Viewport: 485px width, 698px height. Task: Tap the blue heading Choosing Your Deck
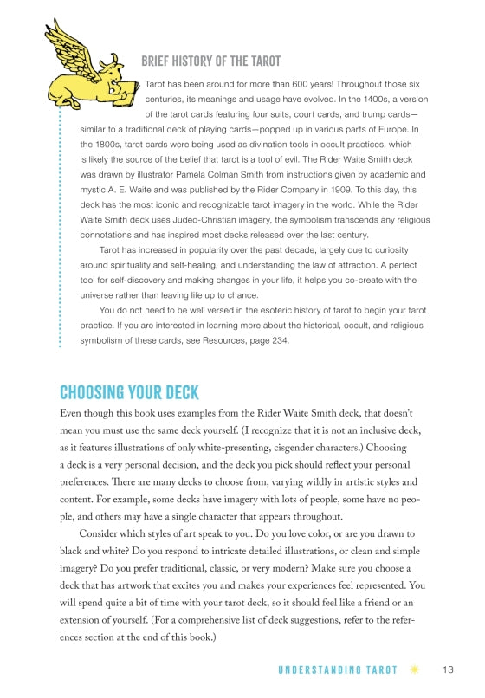[129, 391]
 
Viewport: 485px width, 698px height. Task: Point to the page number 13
[448, 669]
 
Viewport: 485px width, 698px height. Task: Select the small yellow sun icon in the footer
[415, 669]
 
